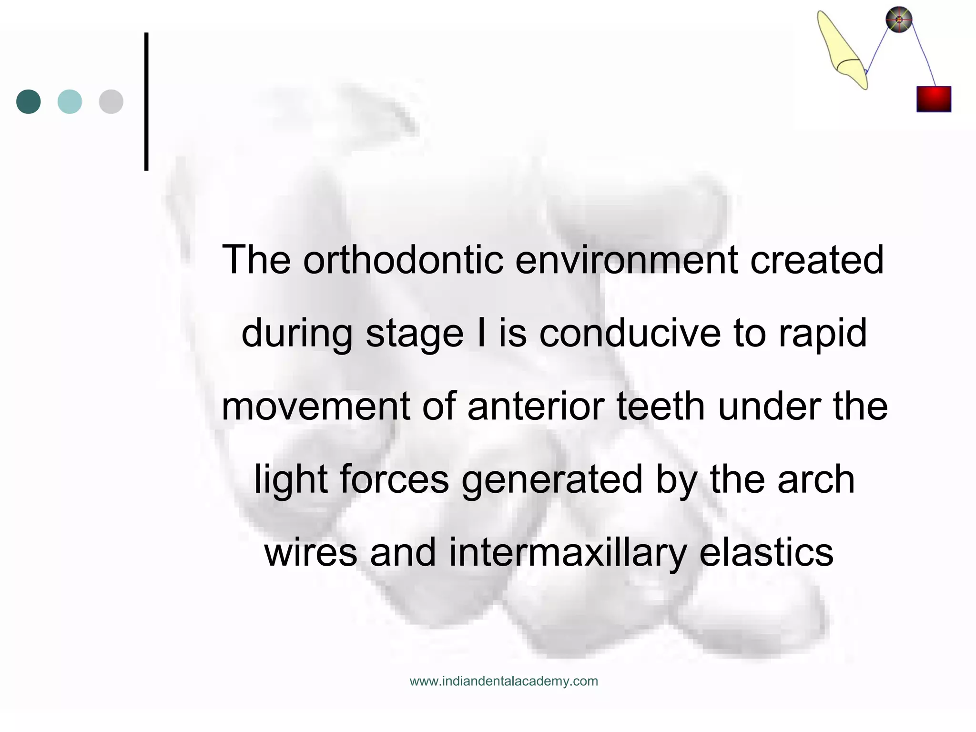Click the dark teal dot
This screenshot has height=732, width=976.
coord(29,102)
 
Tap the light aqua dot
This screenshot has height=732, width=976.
coord(70,102)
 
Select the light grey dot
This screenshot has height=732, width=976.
coord(111,102)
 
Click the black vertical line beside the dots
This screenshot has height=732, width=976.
coord(146,102)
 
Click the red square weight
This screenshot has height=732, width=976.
coord(934,99)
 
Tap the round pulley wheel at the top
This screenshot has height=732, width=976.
coord(899,20)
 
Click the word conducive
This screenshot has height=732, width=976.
coord(630,333)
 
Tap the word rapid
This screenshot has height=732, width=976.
coord(823,333)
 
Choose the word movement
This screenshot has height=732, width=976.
coord(315,407)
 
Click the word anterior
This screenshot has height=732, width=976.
coord(536,407)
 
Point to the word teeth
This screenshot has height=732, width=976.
coord(661,407)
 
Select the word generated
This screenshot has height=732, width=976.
coord(552,480)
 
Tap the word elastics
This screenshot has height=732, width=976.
coord(766,553)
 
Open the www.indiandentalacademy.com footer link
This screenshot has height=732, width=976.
coord(504,681)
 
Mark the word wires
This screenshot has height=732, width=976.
coord(311,553)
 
